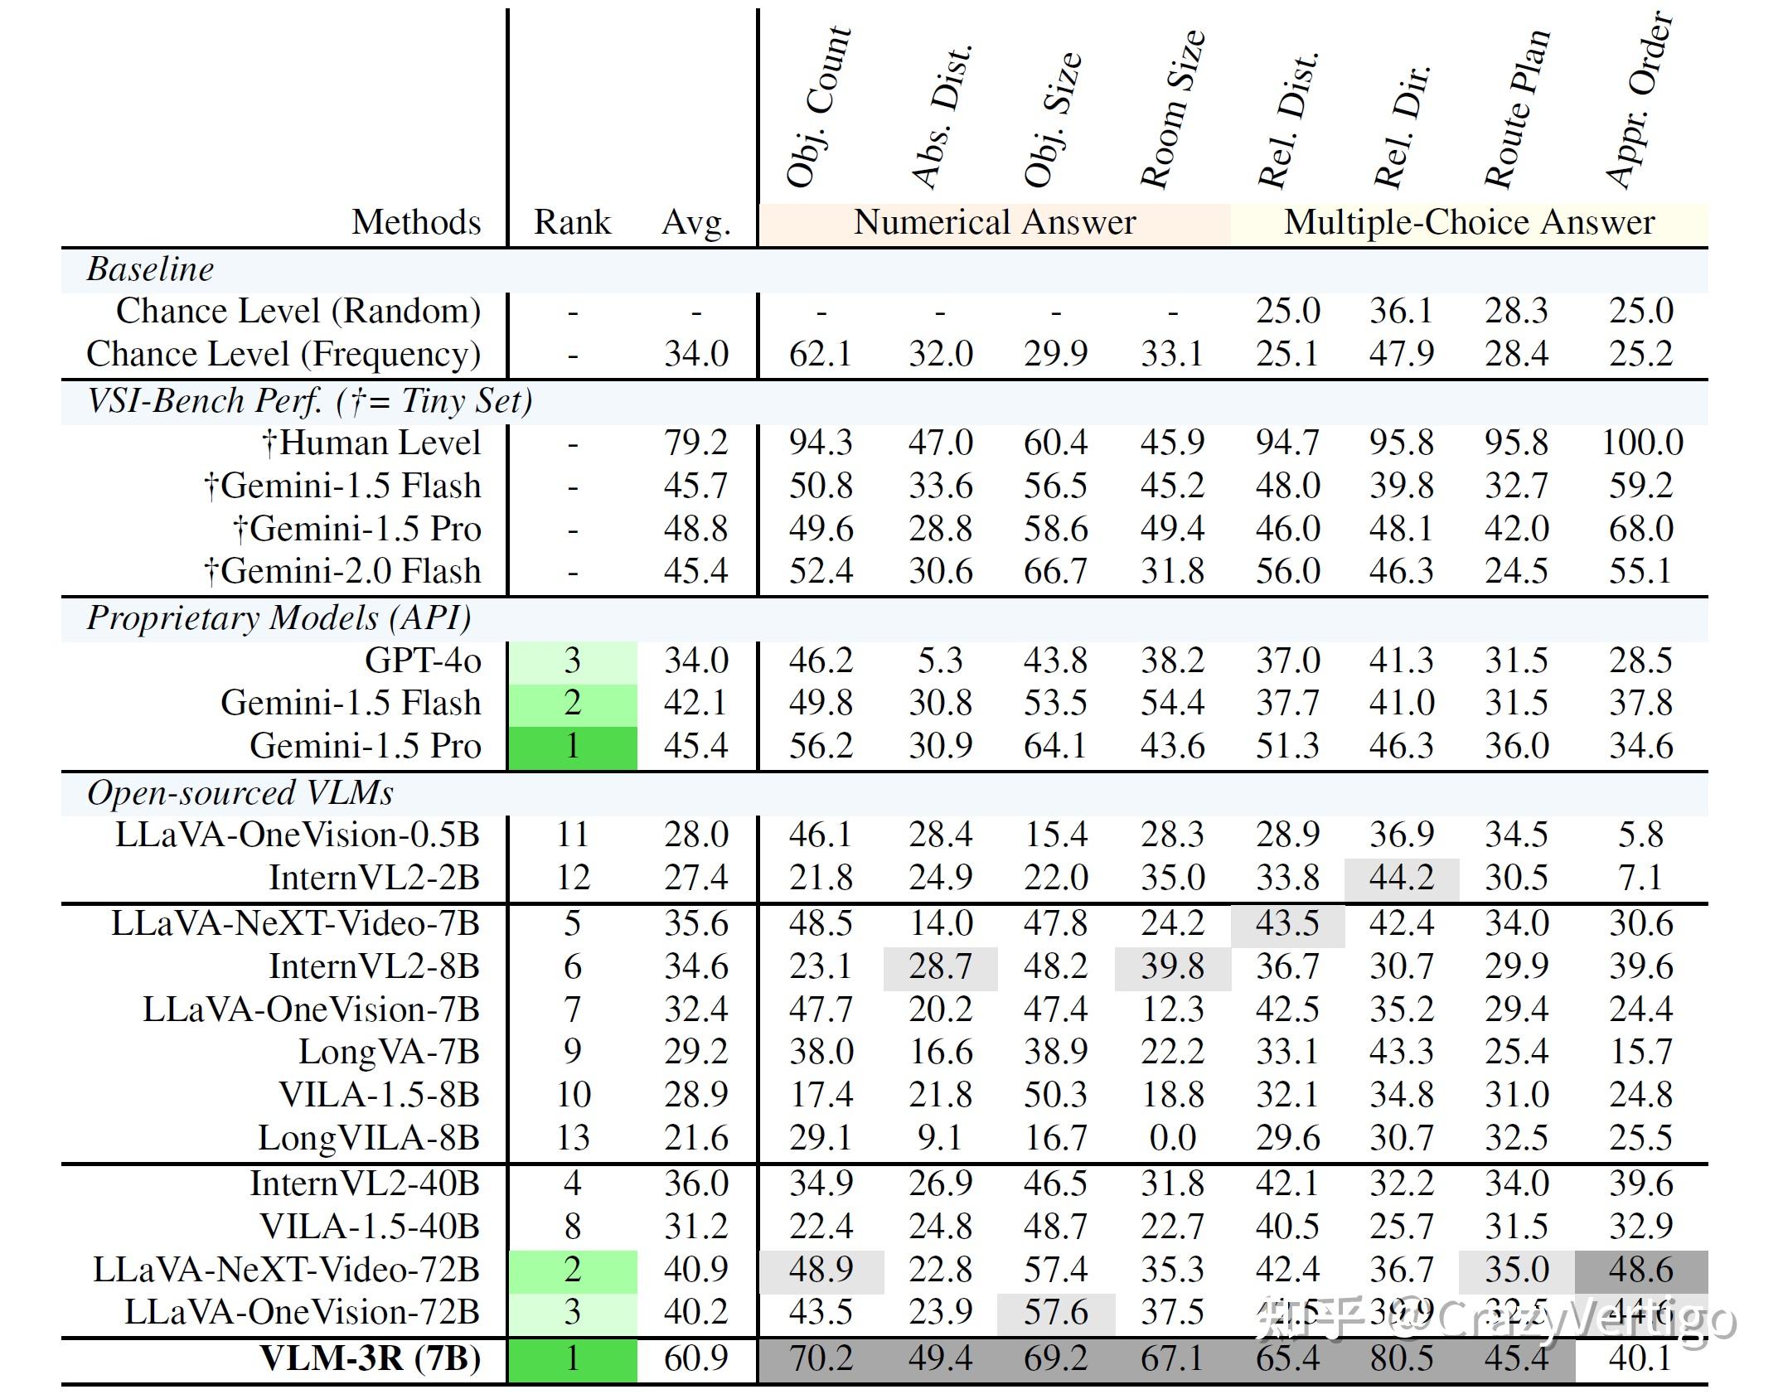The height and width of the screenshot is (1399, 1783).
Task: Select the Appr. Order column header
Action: [x=1639, y=99]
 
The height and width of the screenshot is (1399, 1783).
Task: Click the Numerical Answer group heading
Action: [x=995, y=223]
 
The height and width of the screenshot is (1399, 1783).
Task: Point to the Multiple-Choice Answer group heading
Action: [x=1469, y=223]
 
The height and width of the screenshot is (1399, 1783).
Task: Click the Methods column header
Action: [x=416, y=223]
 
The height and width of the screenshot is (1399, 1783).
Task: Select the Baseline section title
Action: [x=150, y=269]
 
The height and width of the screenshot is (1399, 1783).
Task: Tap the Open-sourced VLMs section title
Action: [x=240, y=793]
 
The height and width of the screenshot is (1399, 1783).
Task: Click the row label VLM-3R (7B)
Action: [x=370, y=1358]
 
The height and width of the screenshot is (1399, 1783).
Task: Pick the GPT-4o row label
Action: [x=423, y=661]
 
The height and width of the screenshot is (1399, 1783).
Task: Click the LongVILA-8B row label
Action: [x=369, y=1138]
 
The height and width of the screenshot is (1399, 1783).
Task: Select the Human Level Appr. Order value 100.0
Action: [x=1642, y=443]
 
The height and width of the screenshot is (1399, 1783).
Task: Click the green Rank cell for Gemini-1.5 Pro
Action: [x=572, y=747]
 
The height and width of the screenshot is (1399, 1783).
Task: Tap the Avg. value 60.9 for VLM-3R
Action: [x=695, y=1358]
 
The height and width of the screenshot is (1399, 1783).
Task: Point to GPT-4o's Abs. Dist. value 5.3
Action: [x=940, y=661]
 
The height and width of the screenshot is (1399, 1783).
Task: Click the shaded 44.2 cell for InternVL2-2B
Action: [x=1401, y=878]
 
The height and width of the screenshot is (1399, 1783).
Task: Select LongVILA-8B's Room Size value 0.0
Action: [x=1172, y=1138]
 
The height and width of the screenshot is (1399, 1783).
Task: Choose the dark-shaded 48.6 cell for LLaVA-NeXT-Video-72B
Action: [x=1641, y=1270]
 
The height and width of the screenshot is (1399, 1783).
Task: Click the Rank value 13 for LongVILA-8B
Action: [x=572, y=1138]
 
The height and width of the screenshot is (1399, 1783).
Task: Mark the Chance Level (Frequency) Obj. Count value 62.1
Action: [x=820, y=355]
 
